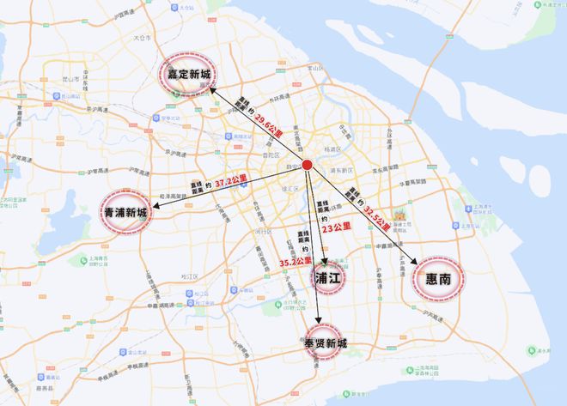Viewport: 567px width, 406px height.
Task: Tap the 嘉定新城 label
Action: point(184,76)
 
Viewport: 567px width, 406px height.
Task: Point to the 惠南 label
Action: point(444,278)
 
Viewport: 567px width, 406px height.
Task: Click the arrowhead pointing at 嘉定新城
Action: point(212,87)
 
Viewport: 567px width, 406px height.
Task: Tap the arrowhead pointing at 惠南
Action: point(417,261)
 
